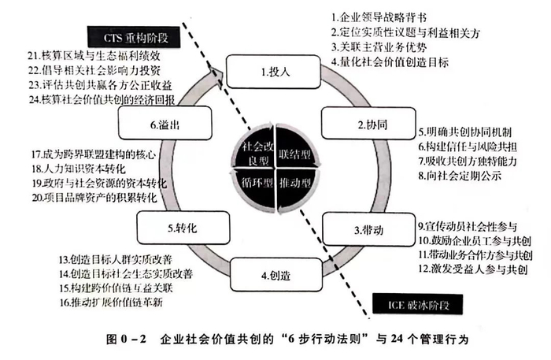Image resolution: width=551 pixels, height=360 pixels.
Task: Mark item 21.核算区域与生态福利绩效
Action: pyautogui.click(x=94, y=56)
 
